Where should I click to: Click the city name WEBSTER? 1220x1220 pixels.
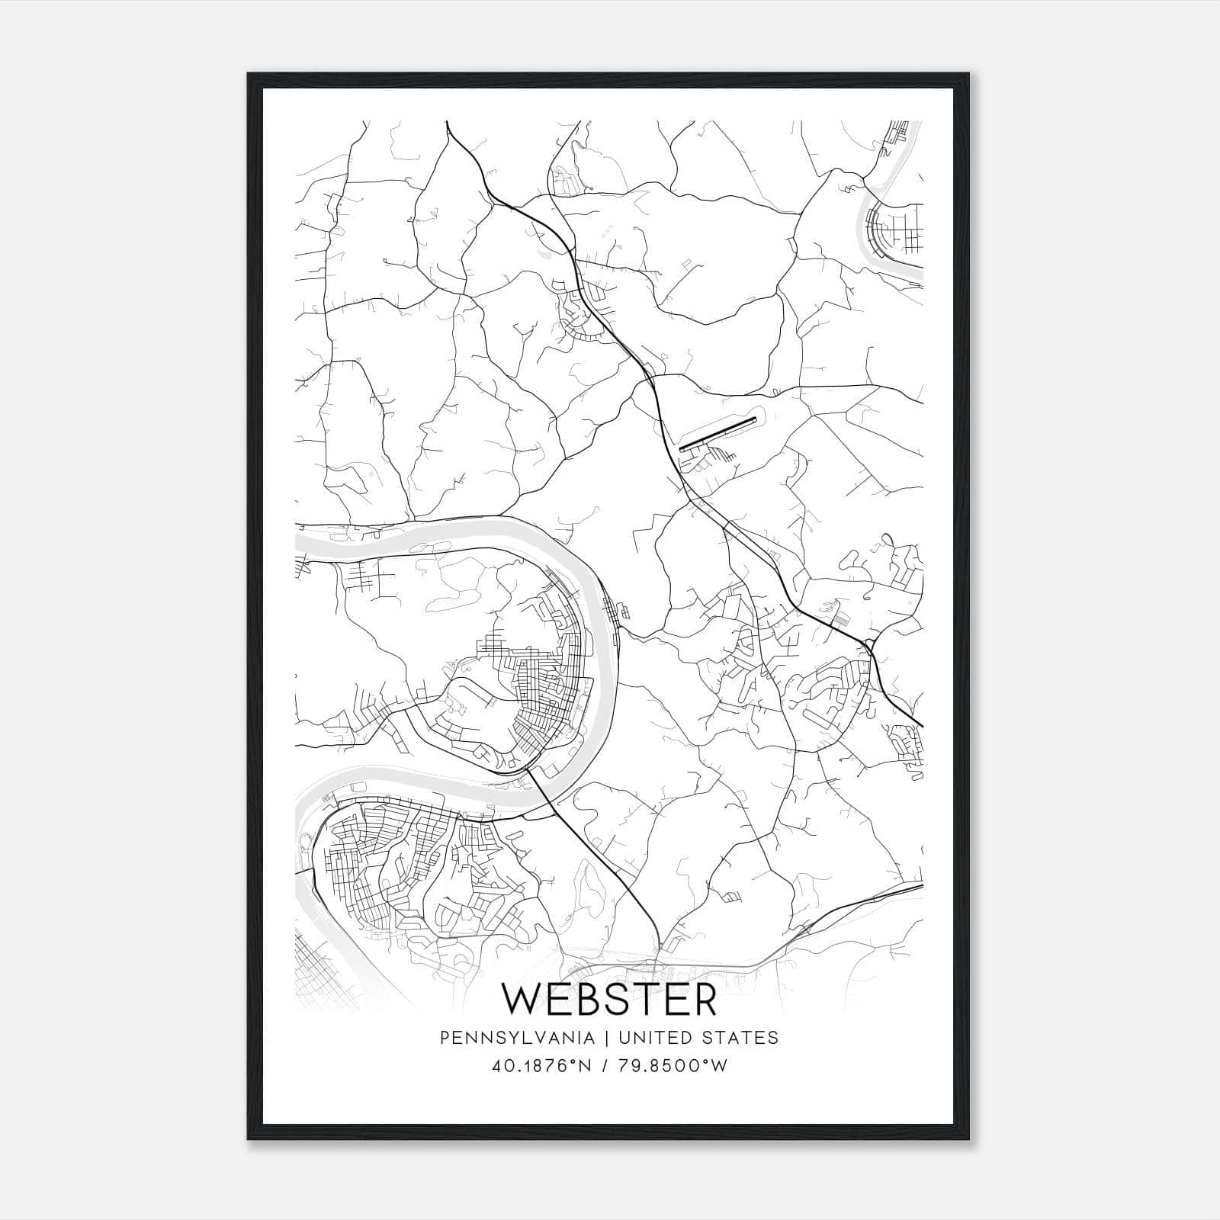point(609,1000)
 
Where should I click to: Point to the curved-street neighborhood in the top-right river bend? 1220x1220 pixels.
point(888,229)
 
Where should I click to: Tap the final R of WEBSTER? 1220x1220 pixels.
point(705,1000)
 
